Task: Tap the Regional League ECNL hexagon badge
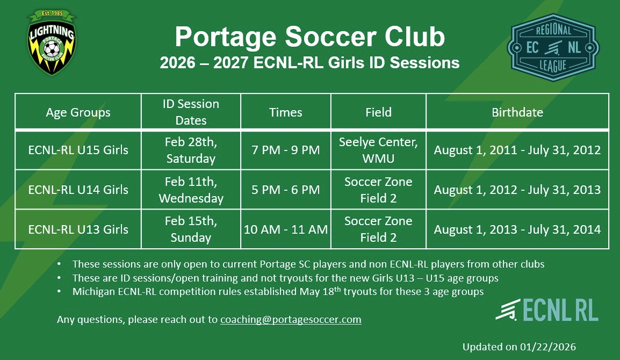coord(553,47)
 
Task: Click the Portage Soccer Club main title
coord(309,37)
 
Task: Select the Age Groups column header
coord(78,112)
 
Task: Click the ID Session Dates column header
coord(191,112)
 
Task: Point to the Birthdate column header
coord(517,112)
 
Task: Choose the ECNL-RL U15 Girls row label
coord(78,150)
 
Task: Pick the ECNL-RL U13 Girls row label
coord(78,229)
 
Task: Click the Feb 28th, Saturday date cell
coord(191,150)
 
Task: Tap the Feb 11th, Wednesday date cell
coord(191,190)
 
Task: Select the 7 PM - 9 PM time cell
coord(285,150)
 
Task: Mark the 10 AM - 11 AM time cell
coord(285,229)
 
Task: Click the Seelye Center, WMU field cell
coord(378,150)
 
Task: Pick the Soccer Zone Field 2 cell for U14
coord(378,190)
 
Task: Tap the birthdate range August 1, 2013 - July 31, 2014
coord(517,229)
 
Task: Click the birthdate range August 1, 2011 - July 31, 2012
coord(517,150)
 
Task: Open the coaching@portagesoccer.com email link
coord(291,320)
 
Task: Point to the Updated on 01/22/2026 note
coord(518,347)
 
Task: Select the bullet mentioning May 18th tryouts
coord(278,292)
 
